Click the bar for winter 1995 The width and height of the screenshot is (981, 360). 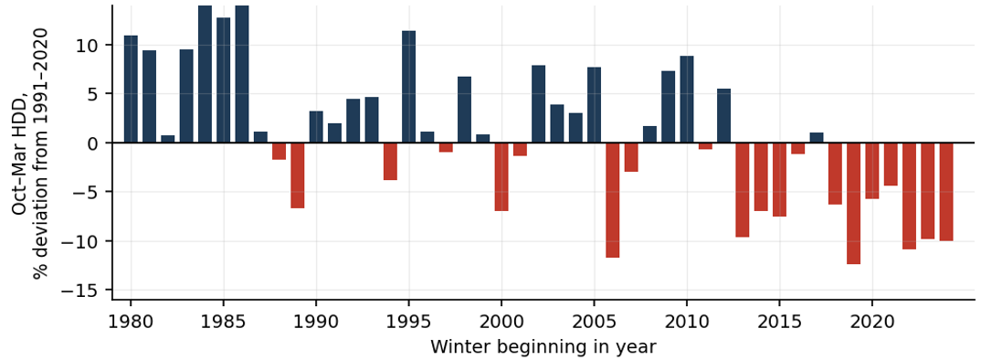coord(408,87)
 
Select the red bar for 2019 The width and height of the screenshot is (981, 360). coord(853,204)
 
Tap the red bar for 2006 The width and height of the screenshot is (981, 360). coord(613,200)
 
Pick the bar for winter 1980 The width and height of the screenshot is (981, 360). coord(131,89)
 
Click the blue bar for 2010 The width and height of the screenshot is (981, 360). coord(686,99)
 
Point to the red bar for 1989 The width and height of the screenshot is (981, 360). coord(297,175)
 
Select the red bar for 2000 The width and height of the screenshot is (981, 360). coord(501,176)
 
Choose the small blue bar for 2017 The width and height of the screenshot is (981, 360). coord(817,138)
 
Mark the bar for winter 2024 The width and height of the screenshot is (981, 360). coord(946,192)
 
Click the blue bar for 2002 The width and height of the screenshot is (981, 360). coord(538,104)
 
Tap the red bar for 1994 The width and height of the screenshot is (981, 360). coord(390,162)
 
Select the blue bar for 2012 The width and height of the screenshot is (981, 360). coord(723,116)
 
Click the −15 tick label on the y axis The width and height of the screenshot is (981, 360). coord(77,291)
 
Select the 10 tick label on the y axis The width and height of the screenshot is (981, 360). coord(85,45)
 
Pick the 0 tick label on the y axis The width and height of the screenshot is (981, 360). coord(90,143)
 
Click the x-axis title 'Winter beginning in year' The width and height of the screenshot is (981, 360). coord(543,346)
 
